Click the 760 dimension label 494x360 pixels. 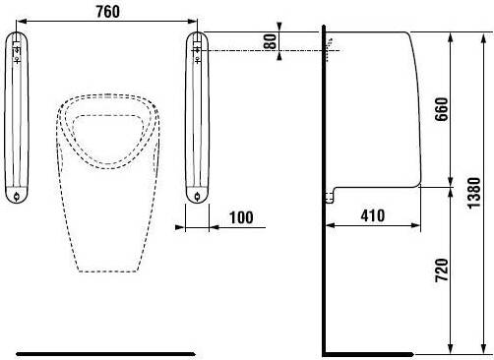[x=107, y=12]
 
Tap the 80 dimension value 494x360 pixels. [x=271, y=41]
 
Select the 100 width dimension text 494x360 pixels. [x=241, y=217]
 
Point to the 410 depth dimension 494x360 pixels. [x=373, y=215]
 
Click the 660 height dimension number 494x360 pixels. [x=442, y=109]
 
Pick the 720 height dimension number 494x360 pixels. [x=442, y=270]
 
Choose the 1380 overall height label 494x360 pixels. [x=474, y=193]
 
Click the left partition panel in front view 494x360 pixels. [x=17, y=117]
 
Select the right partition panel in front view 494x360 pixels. [x=197, y=117]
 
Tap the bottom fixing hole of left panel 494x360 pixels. [x=17, y=197]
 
